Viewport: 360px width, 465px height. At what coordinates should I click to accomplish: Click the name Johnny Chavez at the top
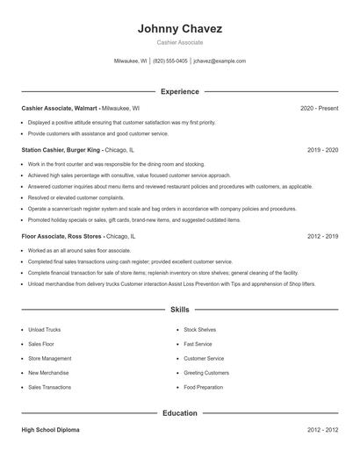click(179, 29)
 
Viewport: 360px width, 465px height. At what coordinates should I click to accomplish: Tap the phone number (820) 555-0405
click(169, 61)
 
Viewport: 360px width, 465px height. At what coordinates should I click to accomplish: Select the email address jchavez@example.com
click(220, 61)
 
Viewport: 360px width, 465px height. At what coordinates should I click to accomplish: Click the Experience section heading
click(179, 91)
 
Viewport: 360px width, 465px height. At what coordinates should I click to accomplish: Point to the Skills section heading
click(179, 311)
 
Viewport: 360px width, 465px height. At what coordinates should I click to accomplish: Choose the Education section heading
click(179, 412)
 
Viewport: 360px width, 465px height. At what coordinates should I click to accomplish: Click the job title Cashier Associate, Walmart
click(60, 108)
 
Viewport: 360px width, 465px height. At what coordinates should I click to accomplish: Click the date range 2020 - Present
click(319, 108)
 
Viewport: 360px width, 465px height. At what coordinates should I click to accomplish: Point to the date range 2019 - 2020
click(322, 150)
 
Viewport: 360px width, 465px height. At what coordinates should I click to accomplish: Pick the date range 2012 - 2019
click(322, 237)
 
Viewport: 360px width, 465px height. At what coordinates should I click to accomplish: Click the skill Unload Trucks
click(44, 329)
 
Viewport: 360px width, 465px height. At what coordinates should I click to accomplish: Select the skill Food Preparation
click(204, 387)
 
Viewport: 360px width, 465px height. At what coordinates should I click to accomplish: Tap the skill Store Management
click(49, 358)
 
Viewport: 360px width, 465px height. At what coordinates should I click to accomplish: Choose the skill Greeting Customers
click(205, 372)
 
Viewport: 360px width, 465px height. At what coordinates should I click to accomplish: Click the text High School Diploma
click(52, 430)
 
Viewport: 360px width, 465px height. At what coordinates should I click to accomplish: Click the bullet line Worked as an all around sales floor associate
click(86, 251)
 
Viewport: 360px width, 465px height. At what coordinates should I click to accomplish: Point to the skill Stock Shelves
click(199, 329)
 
